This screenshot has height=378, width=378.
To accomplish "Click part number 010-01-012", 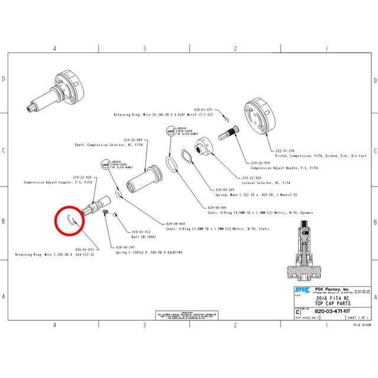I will click(x=141, y=232).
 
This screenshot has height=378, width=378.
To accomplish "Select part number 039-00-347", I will click(x=126, y=247).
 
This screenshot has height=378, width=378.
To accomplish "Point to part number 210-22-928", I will click(x=82, y=177).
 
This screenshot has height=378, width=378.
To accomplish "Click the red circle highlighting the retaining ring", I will click(x=70, y=222).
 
